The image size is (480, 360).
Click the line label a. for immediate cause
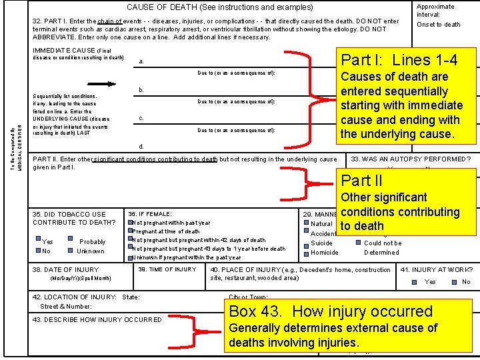(141, 62)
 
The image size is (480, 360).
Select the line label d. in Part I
(141, 146)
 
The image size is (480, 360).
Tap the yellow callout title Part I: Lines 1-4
(399, 60)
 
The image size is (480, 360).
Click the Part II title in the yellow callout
(362, 180)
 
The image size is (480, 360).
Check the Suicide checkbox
(305, 243)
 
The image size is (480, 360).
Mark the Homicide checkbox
(305, 252)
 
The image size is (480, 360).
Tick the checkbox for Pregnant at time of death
(131, 231)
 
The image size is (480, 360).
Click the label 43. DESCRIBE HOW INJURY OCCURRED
(97, 319)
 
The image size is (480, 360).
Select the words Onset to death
(438, 25)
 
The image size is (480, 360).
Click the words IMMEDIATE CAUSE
(63, 51)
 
